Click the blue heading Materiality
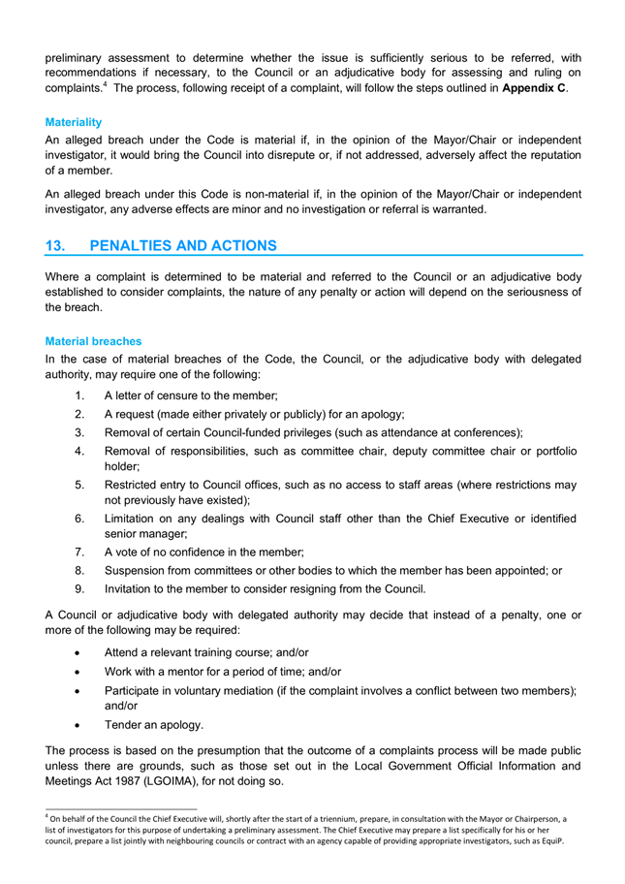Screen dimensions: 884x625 click(x=74, y=123)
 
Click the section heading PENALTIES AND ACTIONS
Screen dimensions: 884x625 click(x=182, y=246)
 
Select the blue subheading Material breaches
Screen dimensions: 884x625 click(x=93, y=341)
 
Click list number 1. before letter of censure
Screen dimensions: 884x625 click(x=78, y=395)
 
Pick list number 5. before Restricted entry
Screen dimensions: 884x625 click(x=78, y=484)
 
